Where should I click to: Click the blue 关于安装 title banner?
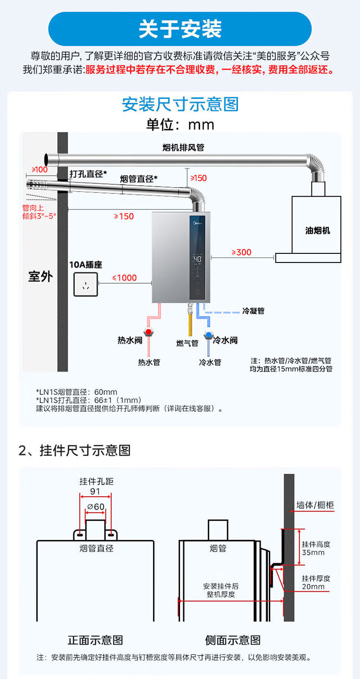coord(180,29)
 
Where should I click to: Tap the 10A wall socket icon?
coord(85,284)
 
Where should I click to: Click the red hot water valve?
coord(149,332)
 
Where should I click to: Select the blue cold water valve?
coord(208,334)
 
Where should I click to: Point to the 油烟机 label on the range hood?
coord(317,230)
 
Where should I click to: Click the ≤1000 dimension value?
coord(124,277)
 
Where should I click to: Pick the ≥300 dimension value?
coord(241,252)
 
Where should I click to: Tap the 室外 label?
coord(40,276)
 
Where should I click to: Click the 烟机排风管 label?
coord(183,147)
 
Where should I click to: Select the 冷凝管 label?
coord(253,311)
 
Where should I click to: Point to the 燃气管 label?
coord(187,343)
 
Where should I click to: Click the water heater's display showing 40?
coord(197,258)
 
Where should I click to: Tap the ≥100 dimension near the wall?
coord(39,169)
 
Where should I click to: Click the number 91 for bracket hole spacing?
coord(95,491)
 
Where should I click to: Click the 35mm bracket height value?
coord(313,552)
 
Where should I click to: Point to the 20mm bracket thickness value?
coord(313,586)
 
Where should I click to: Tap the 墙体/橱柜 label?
coord(315,505)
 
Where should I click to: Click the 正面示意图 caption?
coord(96,640)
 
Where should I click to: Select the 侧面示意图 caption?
coord(233,640)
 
